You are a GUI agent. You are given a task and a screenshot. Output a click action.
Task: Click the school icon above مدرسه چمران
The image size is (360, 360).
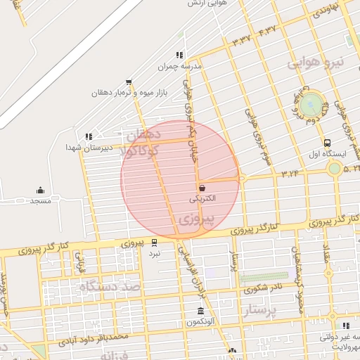point(179,55)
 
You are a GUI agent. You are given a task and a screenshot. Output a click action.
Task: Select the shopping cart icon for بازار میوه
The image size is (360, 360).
point(128,82)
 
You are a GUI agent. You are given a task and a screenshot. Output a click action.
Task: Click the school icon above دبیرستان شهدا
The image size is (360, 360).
point(88,136)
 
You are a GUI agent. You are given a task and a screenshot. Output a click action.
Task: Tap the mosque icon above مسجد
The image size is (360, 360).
point(40,190)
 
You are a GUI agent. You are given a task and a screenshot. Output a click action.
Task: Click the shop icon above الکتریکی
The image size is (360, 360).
point(202,188)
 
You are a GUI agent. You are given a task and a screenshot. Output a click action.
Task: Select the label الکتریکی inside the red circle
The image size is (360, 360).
point(202,199)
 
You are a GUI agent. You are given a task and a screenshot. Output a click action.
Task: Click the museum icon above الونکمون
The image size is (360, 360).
point(202,311)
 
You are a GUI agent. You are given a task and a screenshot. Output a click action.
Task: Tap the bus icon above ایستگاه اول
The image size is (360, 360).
point(329,142)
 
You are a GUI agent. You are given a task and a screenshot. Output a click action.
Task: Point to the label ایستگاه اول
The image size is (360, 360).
point(325,153)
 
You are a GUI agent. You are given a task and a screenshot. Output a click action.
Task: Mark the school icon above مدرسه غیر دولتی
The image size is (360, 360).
point(345,326)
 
